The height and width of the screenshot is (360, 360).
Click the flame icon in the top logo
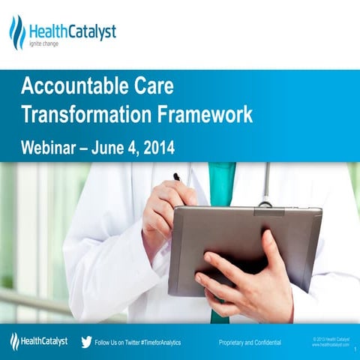pos(16,32)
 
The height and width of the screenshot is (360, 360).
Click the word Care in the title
pos(152,88)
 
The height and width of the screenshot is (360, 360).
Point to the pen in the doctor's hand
pos(178,178)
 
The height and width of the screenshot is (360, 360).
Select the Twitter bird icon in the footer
pos(86,342)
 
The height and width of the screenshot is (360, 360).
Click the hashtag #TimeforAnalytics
pos(155,343)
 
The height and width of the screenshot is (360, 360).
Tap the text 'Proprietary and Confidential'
pos(250,343)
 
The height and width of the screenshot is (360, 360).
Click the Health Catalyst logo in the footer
pos(39,342)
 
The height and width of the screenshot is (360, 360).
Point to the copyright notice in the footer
pos(330,341)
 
